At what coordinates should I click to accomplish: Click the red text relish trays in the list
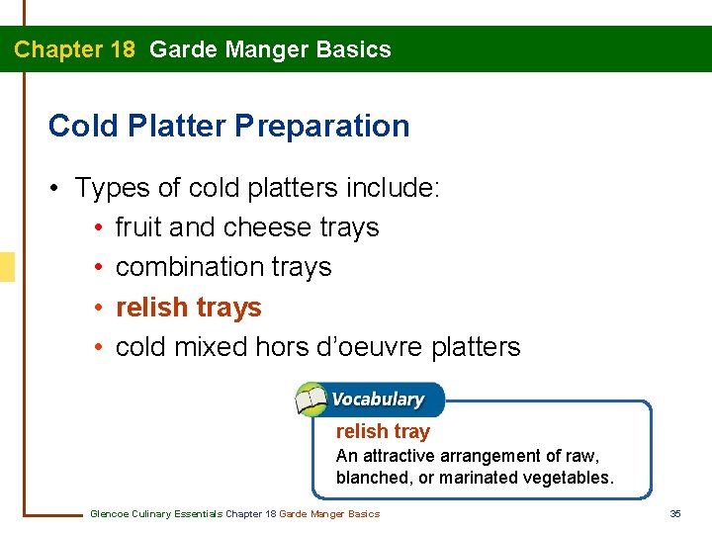[188, 308]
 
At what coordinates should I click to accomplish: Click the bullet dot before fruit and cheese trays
[100, 228]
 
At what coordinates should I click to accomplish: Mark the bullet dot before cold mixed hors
[100, 348]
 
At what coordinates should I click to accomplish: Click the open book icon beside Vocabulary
[311, 400]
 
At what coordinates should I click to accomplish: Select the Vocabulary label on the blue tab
[378, 400]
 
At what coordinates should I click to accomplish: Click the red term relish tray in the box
[383, 431]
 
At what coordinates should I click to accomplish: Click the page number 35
[675, 513]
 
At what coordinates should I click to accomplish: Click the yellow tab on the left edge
[7, 267]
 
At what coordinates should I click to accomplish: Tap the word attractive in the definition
[399, 456]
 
